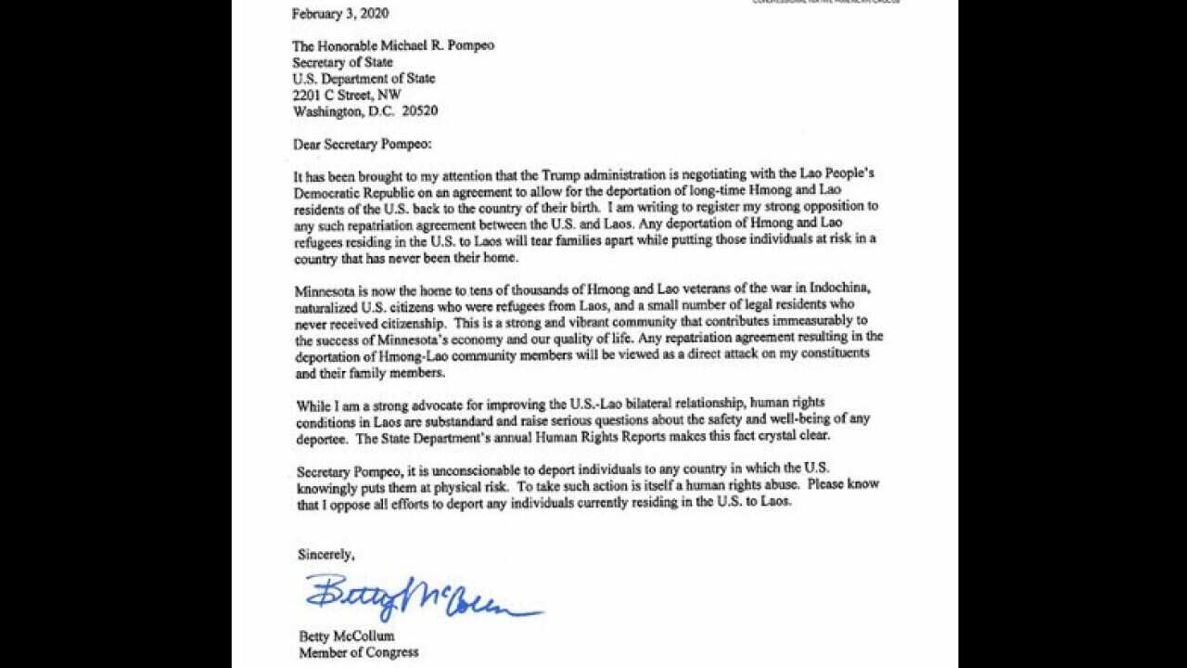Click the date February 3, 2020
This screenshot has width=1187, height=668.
[340, 14]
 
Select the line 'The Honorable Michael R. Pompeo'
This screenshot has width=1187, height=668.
[393, 46]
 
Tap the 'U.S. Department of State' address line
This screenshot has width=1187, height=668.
[364, 79]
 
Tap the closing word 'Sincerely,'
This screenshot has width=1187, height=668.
[325, 554]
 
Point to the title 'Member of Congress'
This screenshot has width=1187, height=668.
[358, 652]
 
